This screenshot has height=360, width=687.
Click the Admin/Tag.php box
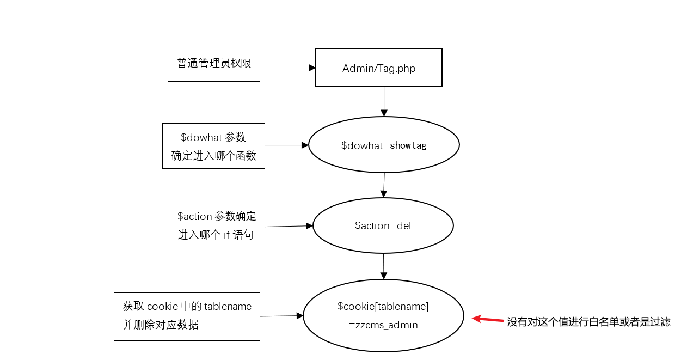[378, 68]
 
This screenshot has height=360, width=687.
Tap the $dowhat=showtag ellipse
[384, 145]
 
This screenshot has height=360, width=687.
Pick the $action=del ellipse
[383, 225]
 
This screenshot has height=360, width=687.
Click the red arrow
[488, 320]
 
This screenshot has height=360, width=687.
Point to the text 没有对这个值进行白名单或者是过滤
[588, 322]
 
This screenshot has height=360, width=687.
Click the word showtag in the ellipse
[408, 145]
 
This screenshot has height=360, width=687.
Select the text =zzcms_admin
[383, 325]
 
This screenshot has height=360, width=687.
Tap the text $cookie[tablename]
[383, 307]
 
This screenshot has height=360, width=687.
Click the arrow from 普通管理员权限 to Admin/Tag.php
[289, 68]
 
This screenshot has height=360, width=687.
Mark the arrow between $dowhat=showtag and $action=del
[384, 185]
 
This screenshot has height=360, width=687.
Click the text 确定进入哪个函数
[213, 156]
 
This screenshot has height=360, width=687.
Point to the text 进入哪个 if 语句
[216, 235]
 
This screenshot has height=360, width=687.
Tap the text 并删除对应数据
[161, 325]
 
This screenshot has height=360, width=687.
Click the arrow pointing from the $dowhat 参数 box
[286, 145]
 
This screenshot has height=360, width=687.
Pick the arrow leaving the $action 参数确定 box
[289, 226]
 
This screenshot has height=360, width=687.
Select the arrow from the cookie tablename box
[281, 316]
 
